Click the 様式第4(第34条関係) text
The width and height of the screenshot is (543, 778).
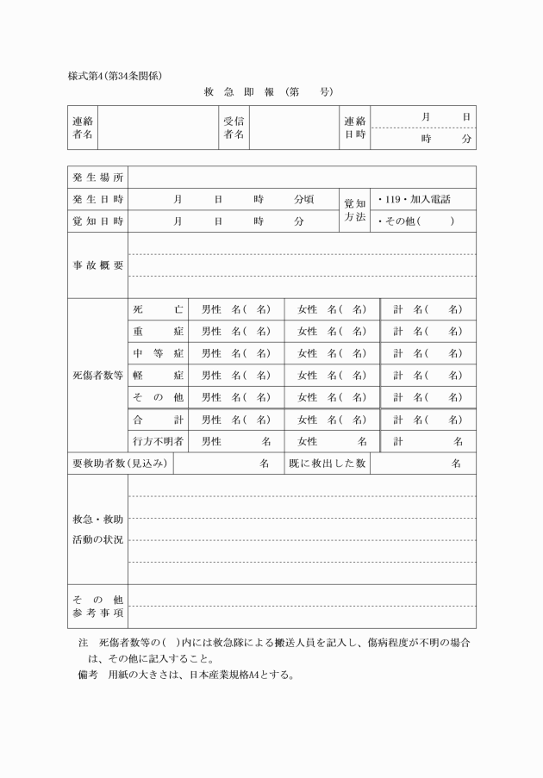[x=115, y=75]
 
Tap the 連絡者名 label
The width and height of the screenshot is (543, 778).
[x=84, y=128]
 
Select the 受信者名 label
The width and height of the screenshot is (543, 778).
[x=234, y=128]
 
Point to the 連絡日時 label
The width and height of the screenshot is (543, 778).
[x=354, y=128]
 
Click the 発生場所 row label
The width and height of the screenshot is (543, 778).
[x=98, y=177]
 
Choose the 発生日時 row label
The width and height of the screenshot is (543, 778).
[x=98, y=199]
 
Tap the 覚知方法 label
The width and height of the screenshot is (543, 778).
[x=354, y=210]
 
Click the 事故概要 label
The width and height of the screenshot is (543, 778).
[x=98, y=265]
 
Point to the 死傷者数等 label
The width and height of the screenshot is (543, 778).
[x=98, y=376]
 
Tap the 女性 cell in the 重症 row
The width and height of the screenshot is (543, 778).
[x=332, y=331]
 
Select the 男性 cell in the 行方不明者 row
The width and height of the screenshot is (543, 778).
[x=236, y=441]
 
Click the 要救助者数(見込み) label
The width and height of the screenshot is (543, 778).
[x=121, y=464]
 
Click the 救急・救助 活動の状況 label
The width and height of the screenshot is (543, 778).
[x=98, y=529]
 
